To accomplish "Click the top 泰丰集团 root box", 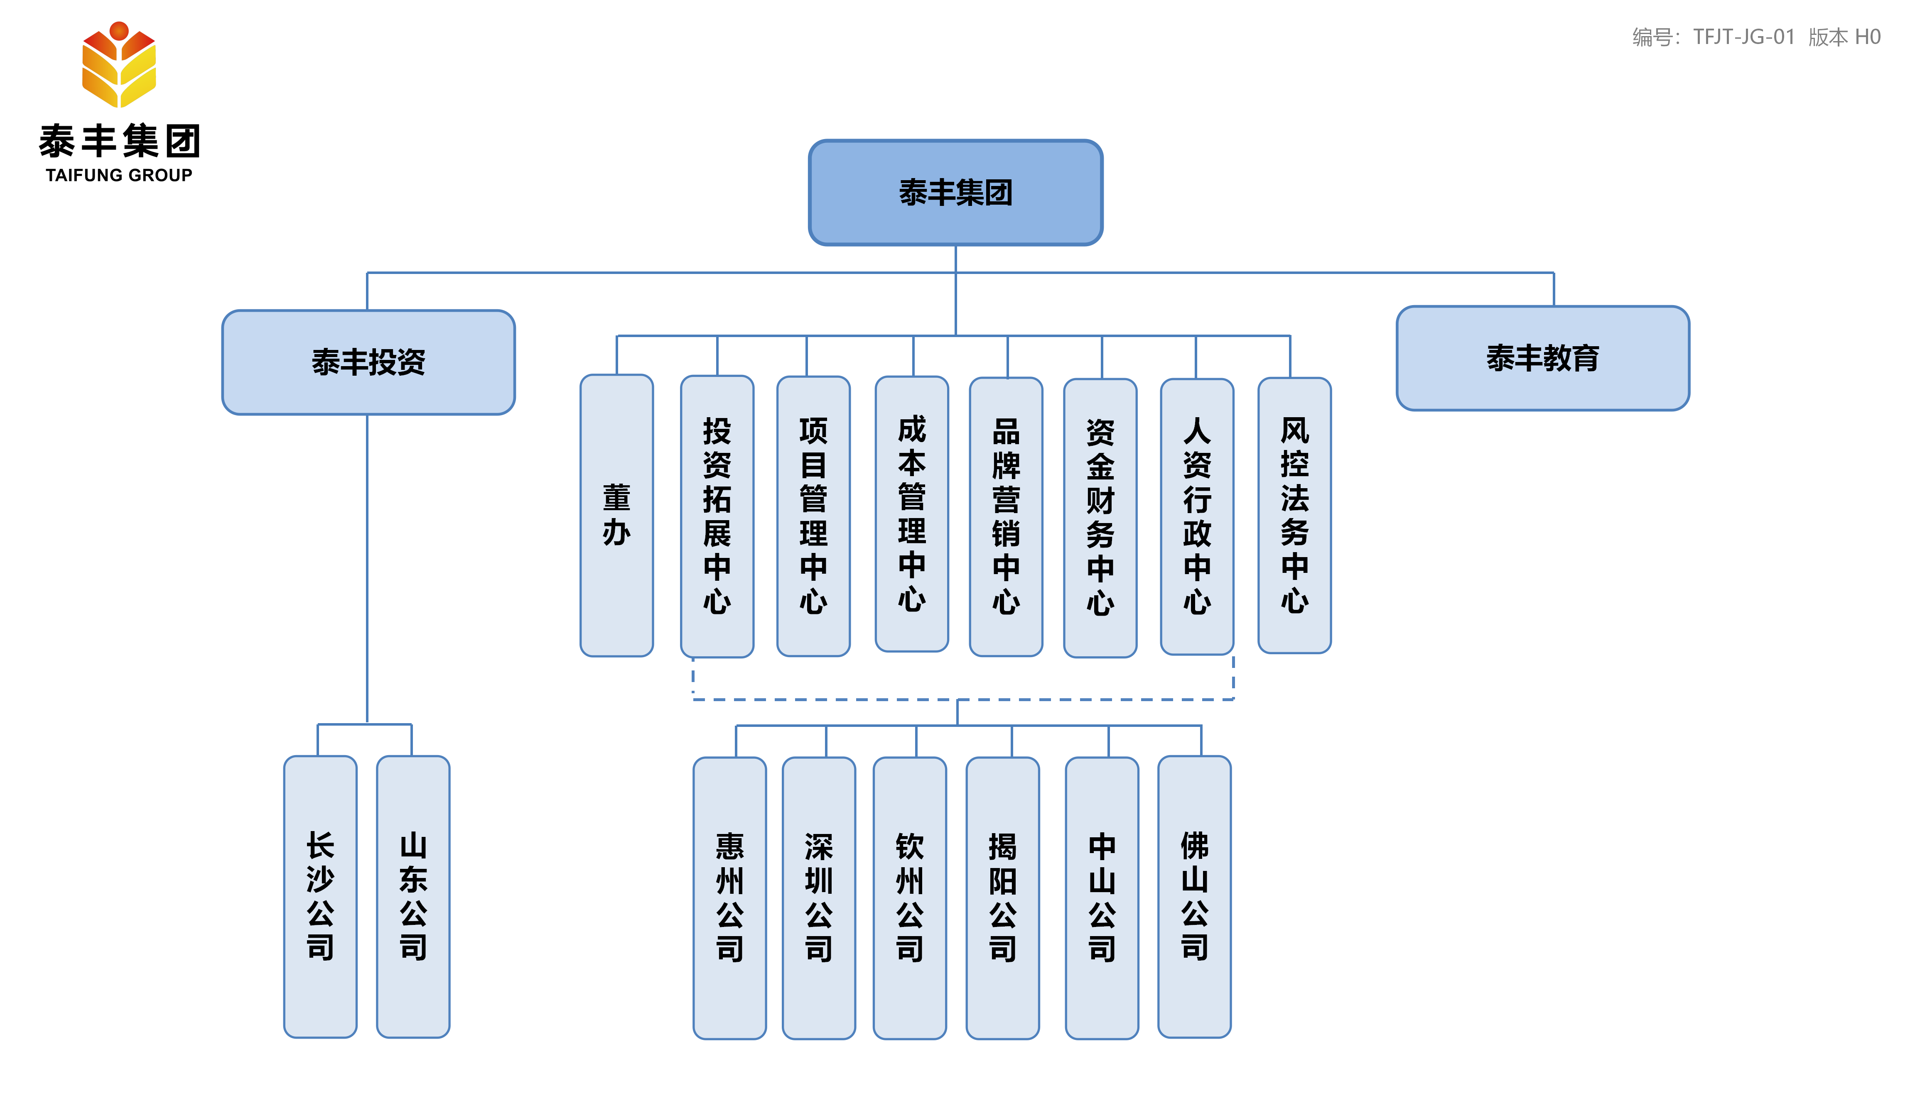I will (x=955, y=192).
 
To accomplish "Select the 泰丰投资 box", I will (x=368, y=362).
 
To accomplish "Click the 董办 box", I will (x=616, y=515).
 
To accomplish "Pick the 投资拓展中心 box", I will (x=717, y=516).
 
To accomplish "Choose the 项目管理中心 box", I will (x=813, y=516).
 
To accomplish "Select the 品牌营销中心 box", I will (x=1006, y=516).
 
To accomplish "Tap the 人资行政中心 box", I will (x=1197, y=516).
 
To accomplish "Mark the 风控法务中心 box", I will (x=1294, y=515).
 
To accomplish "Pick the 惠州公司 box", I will (x=729, y=897).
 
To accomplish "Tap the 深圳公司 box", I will (x=819, y=897).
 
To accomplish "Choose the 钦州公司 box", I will (x=909, y=897).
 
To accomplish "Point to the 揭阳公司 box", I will (x=1002, y=897).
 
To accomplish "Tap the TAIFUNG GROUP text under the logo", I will (x=119, y=175).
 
